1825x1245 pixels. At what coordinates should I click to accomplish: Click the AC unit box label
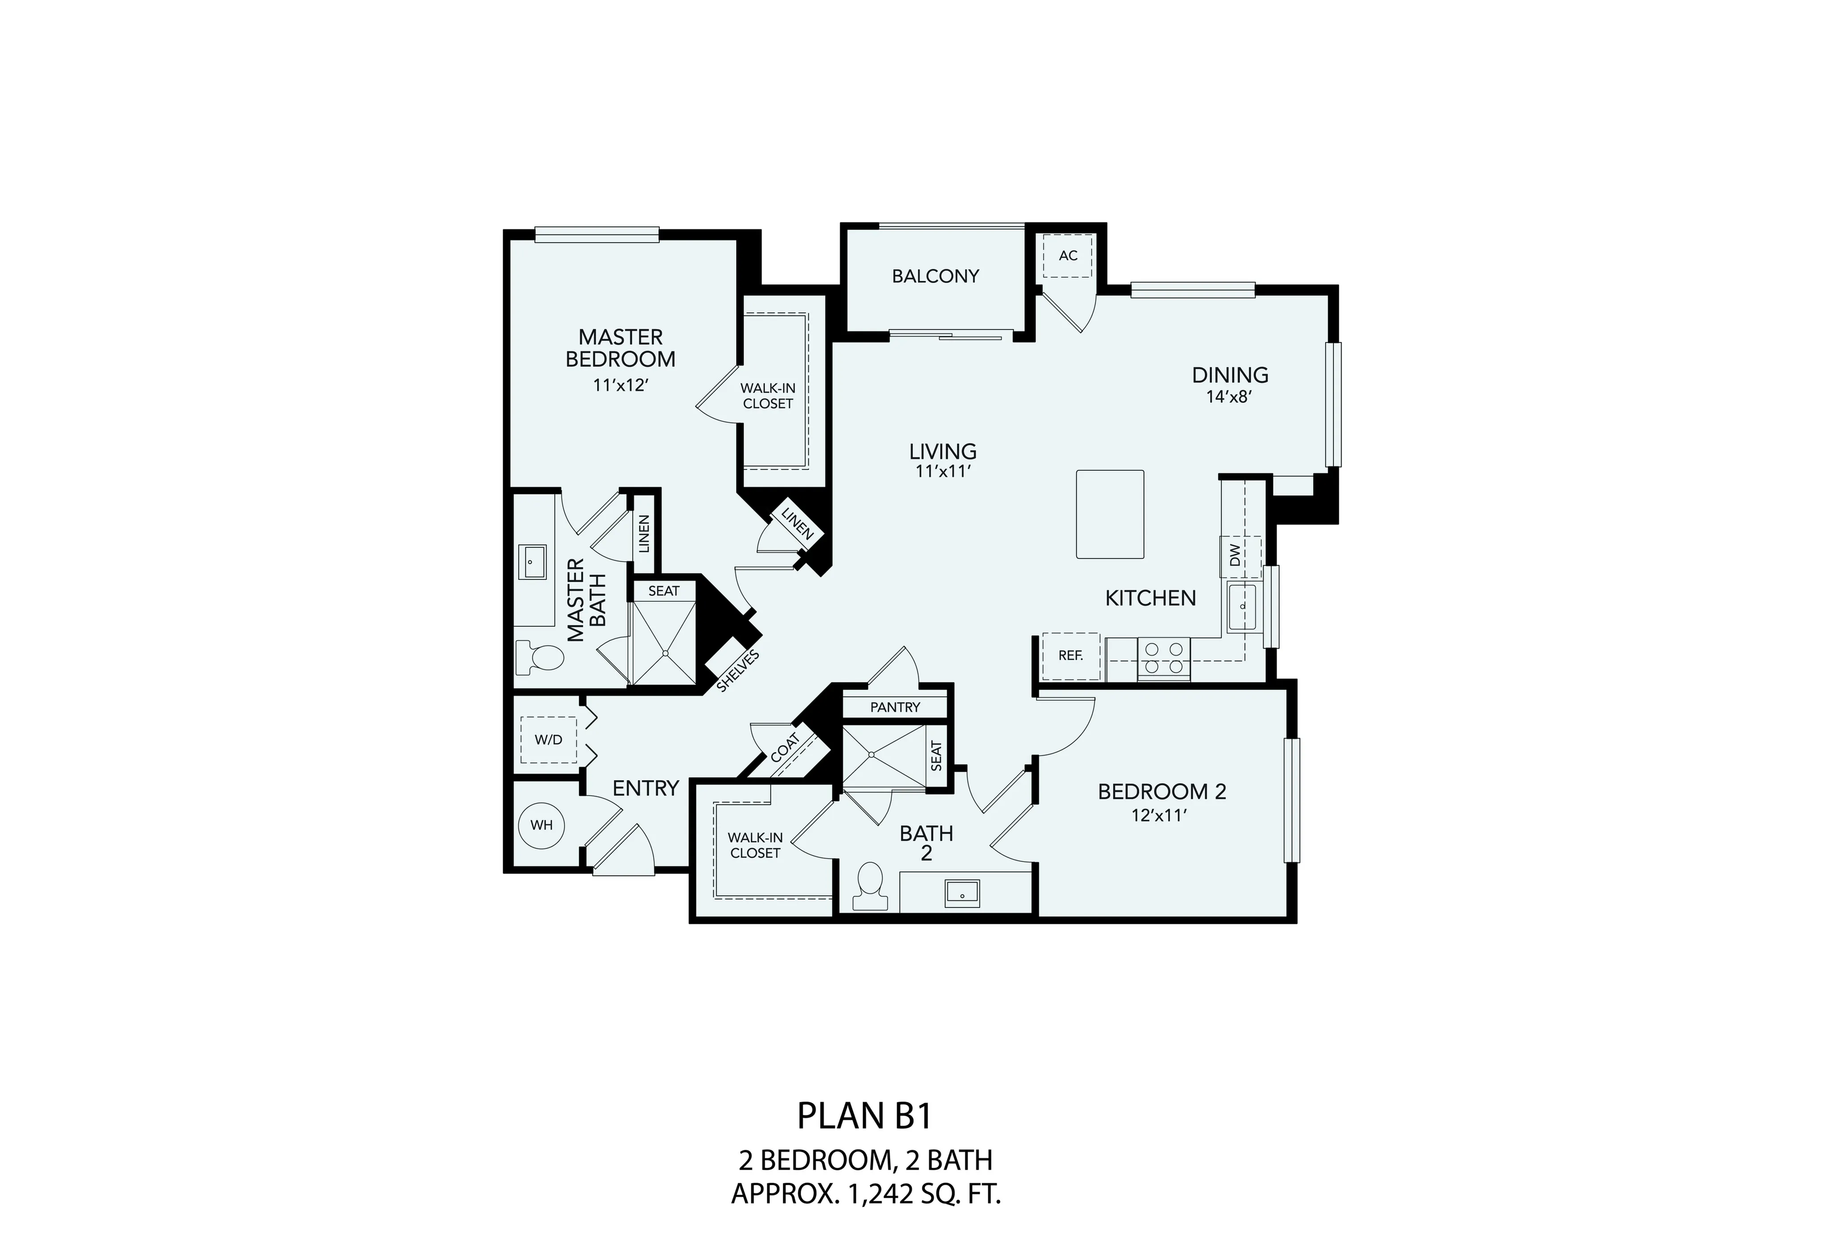[1068, 255]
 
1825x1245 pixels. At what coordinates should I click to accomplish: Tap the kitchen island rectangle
[1109, 514]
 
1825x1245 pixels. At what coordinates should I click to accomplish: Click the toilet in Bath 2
[869, 888]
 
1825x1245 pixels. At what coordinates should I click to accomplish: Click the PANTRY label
[894, 707]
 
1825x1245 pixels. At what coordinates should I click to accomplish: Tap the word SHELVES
[738, 672]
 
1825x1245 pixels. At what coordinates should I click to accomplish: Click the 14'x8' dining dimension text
[1229, 398]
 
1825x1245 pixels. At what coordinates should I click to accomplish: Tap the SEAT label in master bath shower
[663, 591]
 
